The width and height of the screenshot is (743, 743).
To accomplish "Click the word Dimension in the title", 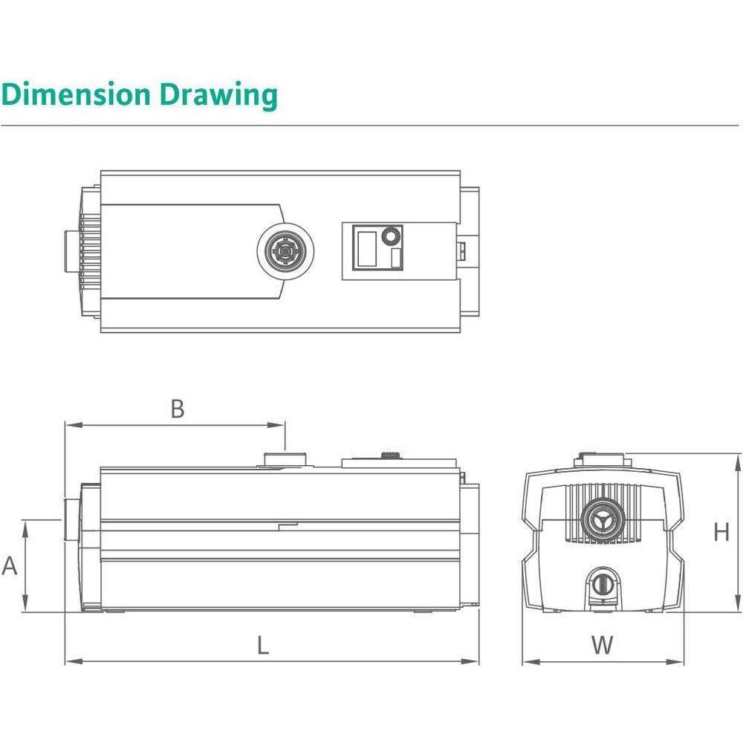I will pos(74,95).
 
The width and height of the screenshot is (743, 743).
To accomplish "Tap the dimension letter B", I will pos(177,409).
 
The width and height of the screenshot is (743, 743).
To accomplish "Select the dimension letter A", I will pos(10,566).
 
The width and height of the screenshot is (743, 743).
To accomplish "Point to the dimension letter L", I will pos(263,646).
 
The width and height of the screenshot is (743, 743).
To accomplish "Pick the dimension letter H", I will pos(721,532).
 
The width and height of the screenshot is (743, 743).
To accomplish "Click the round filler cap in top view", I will pos(285,251).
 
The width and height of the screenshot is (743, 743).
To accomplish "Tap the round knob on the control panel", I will pos(389,236).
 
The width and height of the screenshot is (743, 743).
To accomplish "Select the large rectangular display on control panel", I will pos(366,249).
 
